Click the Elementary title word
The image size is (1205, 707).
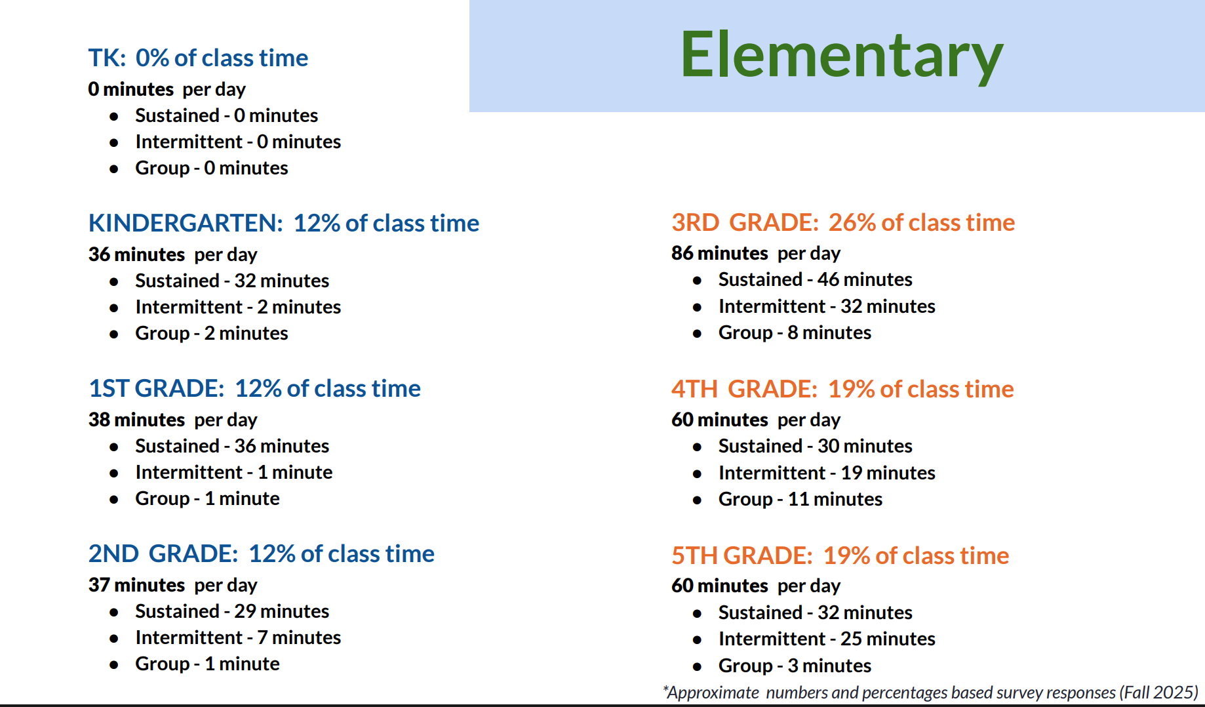pos(842,56)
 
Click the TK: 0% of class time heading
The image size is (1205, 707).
pos(198,58)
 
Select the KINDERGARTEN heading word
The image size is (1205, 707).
pos(186,223)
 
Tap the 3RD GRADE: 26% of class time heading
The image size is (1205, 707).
pos(843,222)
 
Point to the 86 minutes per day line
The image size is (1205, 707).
pos(756,253)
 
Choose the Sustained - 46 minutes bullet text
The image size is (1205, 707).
pos(816,279)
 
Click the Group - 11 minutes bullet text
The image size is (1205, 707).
pos(800,499)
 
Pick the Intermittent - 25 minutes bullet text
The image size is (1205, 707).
pos(827,639)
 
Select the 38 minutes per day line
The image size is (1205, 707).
pos(173,420)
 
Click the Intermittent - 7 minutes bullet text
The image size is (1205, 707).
pos(238,637)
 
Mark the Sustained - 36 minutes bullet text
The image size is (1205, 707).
pos(232,446)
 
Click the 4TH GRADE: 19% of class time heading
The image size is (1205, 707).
pos(842,389)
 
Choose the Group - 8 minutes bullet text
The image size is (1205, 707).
pos(795,333)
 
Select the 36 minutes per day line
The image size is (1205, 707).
pos(173,254)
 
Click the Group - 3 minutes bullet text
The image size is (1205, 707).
pos(795,666)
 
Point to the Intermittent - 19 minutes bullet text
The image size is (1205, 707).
pos(827,473)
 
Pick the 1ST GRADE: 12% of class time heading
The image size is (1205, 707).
pos(254,388)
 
